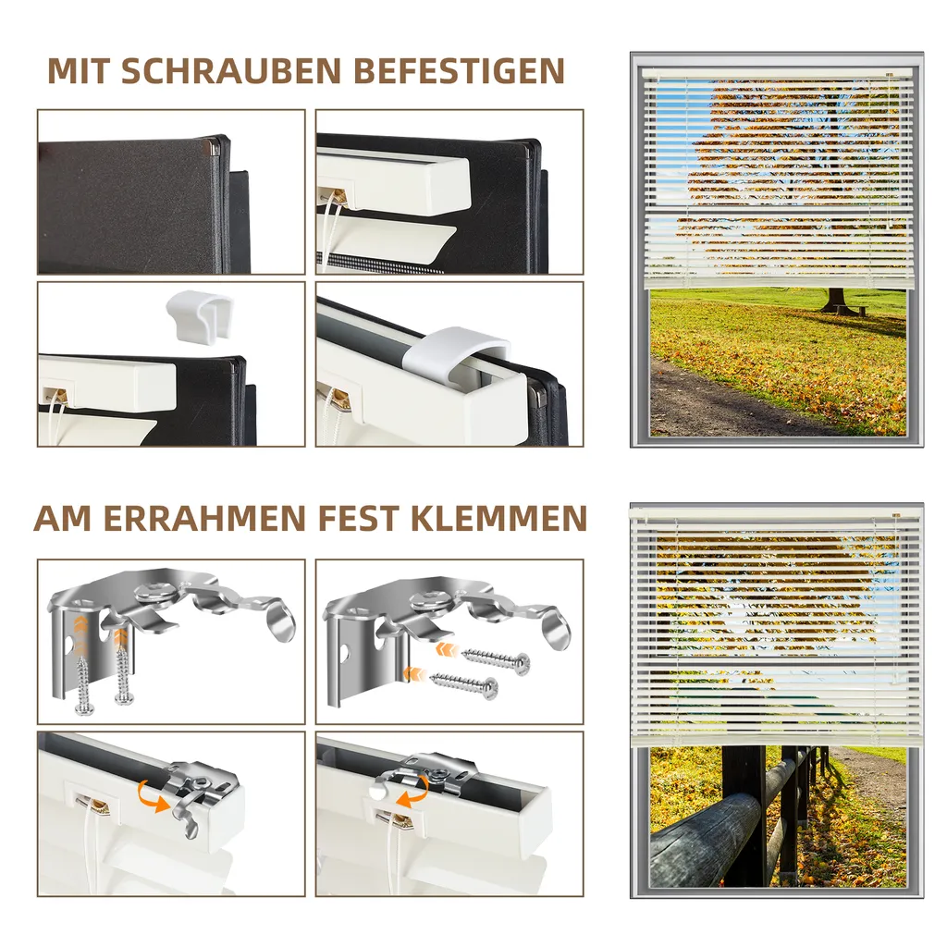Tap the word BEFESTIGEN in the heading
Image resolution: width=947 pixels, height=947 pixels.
pyautogui.click(x=459, y=71)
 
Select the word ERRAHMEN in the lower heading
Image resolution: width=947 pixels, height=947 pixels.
pyautogui.click(x=204, y=518)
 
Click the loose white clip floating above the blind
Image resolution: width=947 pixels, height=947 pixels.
pyautogui.click(x=198, y=312)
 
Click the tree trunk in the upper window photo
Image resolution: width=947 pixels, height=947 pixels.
pyautogui.click(x=835, y=300)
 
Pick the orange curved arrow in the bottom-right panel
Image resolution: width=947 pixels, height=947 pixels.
pyautogui.click(x=413, y=793)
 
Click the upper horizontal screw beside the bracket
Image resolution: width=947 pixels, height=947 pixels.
pyautogui.click(x=497, y=660)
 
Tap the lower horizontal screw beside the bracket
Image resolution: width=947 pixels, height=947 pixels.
pyautogui.click(x=464, y=683)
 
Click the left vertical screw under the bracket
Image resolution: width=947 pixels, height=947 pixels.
pyautogui.click(x=83, y=683)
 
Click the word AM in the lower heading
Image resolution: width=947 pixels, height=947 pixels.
pyautogui.click(x=64, y=518)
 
